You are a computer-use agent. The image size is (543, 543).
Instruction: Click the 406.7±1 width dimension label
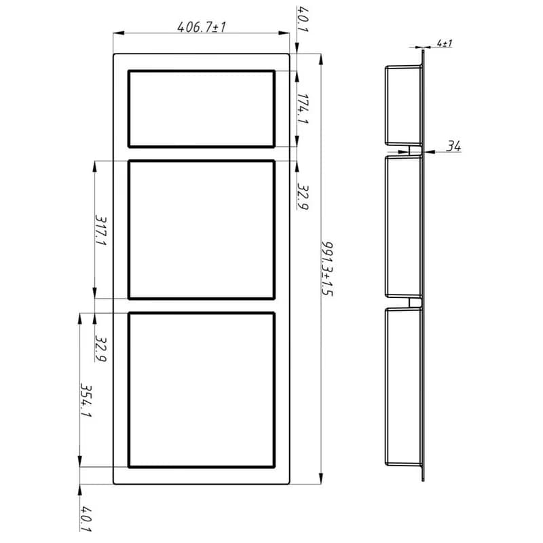tap(201, 26)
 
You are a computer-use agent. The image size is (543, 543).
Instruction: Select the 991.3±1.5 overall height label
tap(326, 268)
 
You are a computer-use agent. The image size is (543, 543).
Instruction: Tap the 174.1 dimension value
tap(303, 109)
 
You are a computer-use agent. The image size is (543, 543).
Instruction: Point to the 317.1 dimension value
tap(100, 230)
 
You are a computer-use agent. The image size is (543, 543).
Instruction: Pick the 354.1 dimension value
tap(86, 400)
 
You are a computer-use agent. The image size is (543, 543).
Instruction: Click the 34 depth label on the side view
tap(453, 146)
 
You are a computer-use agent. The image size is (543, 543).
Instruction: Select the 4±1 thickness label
tap(445, 43)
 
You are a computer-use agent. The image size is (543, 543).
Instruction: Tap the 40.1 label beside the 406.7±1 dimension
tap(302, 20)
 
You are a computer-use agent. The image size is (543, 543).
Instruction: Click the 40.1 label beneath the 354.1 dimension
tap(86, 519)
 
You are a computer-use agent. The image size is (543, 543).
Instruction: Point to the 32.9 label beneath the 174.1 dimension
tap(303, 197)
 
